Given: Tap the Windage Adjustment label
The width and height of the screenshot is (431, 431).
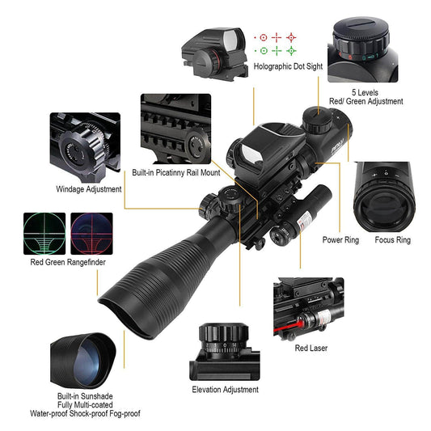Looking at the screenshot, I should (x=88, y=189).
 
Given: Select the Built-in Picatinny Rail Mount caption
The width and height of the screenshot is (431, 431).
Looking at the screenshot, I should (x=176, y=172).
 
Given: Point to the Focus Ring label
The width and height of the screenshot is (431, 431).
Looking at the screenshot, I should (x=392, y=240).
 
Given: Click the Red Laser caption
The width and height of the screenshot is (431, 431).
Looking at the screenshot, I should (x=311, y=349).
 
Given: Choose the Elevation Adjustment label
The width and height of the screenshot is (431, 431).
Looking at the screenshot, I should (x=225, y=390).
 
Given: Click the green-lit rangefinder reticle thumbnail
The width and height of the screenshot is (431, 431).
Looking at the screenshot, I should (x=44, y=233).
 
